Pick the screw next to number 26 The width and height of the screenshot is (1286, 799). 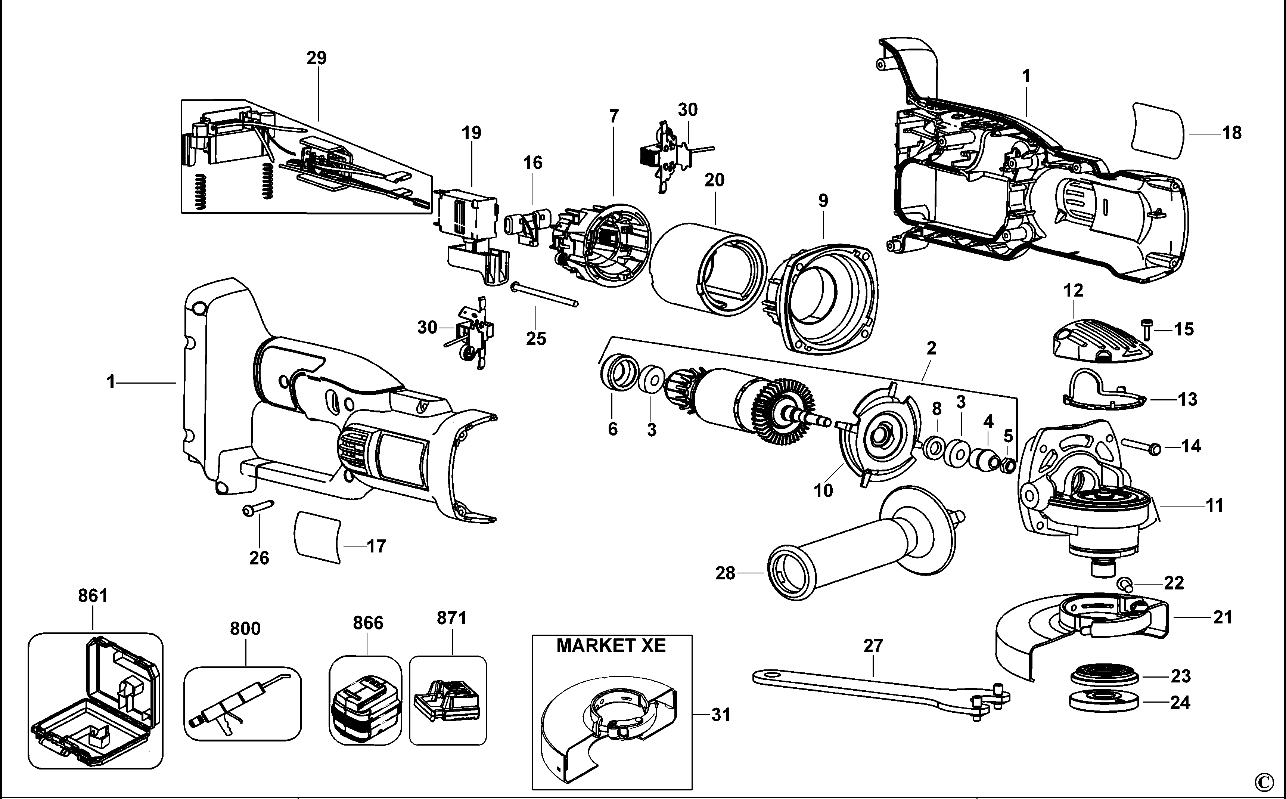257,508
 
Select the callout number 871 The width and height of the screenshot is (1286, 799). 451,617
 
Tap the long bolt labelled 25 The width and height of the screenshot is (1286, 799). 544,294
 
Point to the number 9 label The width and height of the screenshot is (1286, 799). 823,201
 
